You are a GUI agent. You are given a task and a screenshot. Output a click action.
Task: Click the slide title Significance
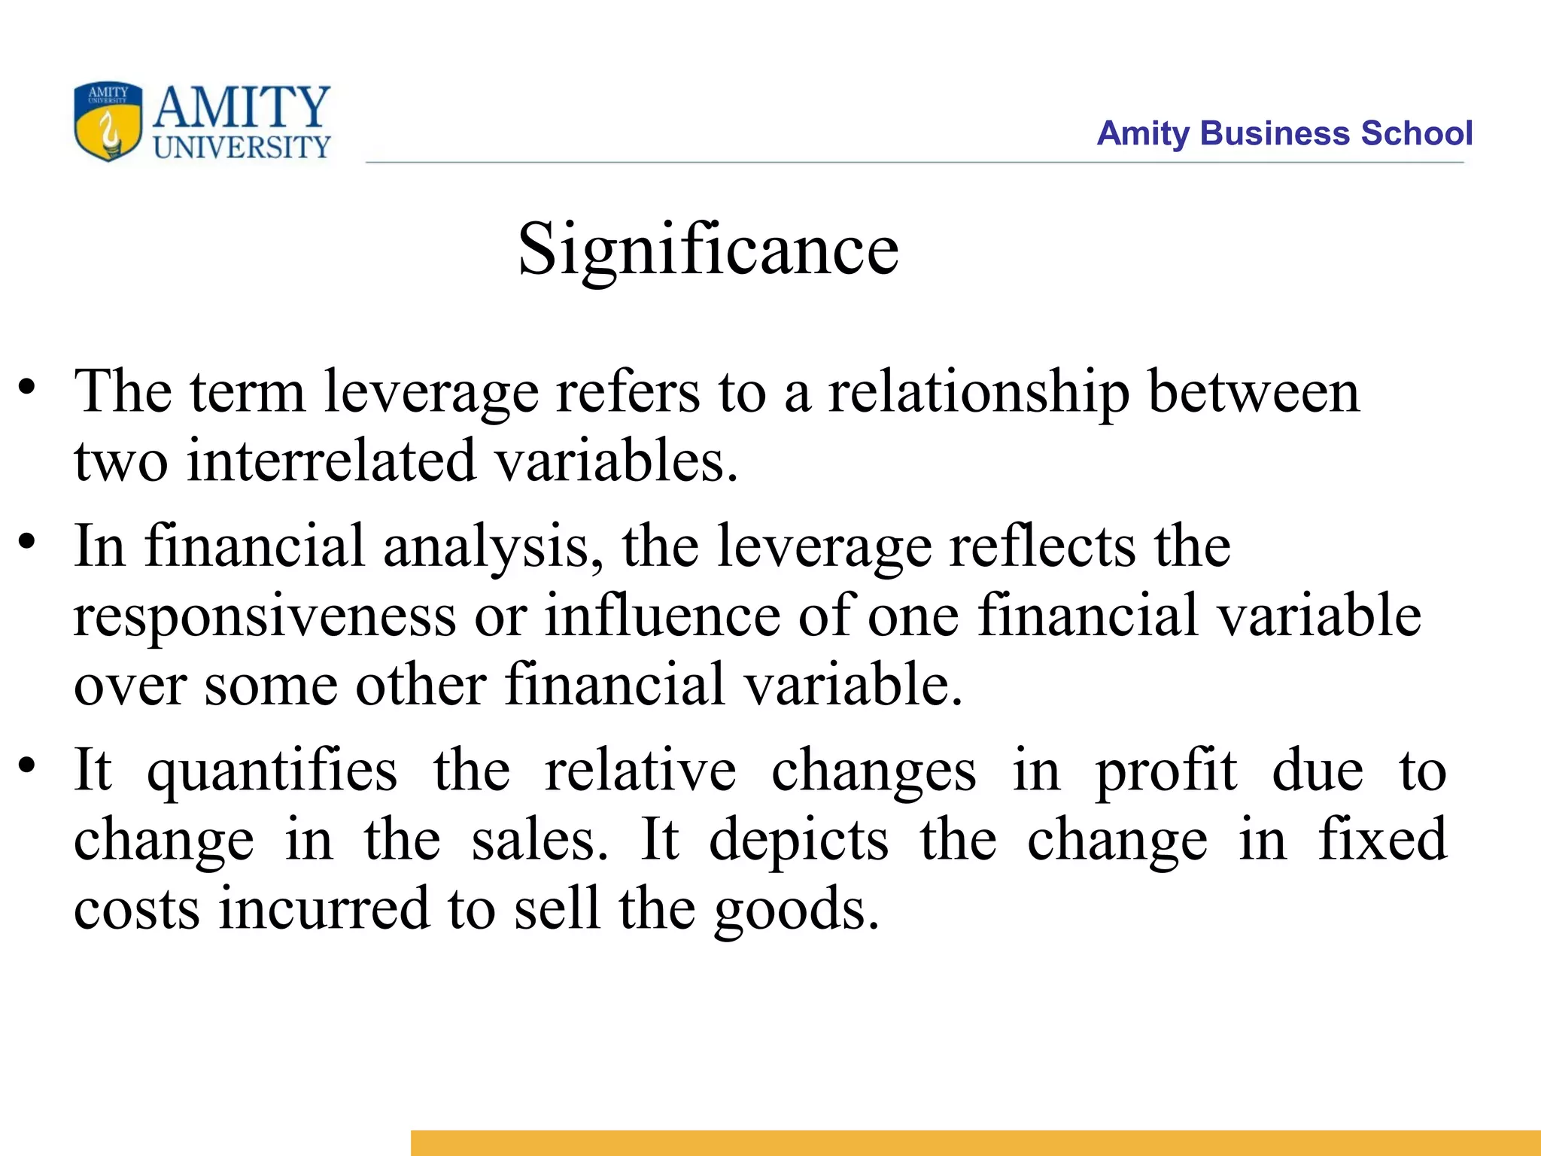[708, 250]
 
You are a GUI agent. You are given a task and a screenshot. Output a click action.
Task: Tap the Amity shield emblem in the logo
[108, 121]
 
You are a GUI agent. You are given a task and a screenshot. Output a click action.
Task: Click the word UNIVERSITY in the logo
[242, 147]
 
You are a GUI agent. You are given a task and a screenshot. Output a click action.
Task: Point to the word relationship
[978, 393]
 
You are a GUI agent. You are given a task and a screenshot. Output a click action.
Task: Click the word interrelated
[331, 461]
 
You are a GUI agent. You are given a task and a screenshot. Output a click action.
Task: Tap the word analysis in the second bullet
[493, 546]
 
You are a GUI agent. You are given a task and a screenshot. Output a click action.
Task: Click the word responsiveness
[265, 616]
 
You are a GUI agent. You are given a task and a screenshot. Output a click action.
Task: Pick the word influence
[662, 616]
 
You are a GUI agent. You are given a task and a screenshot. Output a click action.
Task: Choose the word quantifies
[272, 771]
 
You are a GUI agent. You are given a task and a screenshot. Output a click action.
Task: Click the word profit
[1166, 771]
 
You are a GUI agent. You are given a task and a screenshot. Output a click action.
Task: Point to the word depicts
[798, 840]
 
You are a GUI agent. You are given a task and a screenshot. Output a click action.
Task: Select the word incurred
[324, 908]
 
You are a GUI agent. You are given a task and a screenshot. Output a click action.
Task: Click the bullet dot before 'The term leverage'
[28, 387]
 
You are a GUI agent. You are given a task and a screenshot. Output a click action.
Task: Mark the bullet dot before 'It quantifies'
[28, 765]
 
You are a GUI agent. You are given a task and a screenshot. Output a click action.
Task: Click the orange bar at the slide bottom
[975, 1142]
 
